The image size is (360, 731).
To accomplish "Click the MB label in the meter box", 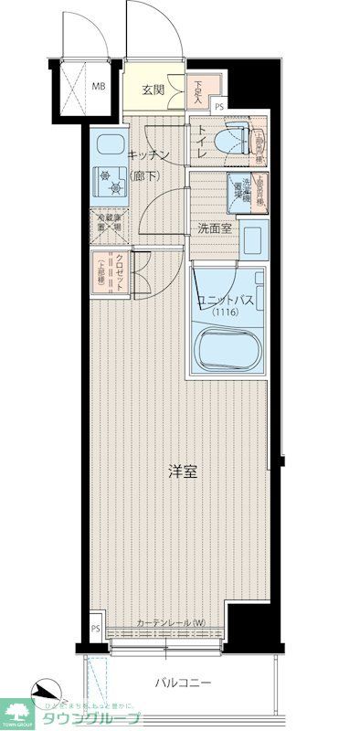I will pos(98,89).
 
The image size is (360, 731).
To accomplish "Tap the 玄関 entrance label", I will pos(153,90).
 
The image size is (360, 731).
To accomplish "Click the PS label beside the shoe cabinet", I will pos(218,106).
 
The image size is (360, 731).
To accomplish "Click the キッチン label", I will pos(145,154).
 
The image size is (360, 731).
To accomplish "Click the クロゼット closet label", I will pos(119,270).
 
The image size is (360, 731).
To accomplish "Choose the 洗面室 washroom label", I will pos(214,228).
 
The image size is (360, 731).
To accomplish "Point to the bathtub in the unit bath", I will pos(228,347).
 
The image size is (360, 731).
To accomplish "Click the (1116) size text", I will pos(224,314).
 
